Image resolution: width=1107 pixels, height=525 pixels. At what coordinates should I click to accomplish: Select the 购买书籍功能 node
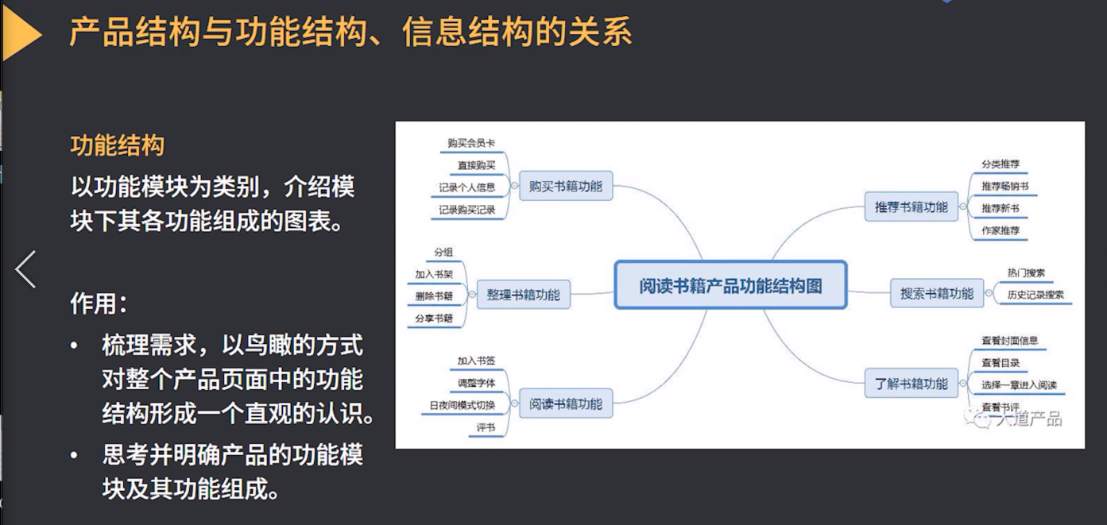[x=565, y=187]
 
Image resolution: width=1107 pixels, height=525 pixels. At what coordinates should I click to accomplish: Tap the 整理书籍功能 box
[x=523, y=295]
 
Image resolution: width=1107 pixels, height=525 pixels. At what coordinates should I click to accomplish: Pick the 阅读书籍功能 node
[x=566, y=403]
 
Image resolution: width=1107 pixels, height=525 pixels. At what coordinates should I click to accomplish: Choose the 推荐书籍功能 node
[x=911, y=207]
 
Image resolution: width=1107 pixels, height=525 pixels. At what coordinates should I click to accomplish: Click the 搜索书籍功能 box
[x=936, y=293]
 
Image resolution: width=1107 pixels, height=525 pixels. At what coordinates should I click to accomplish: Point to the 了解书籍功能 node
[x=911, y=384]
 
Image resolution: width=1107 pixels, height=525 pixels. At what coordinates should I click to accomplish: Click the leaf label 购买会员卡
[x=471, y=144]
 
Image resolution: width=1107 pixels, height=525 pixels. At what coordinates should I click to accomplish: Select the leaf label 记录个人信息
[x=467, y=187]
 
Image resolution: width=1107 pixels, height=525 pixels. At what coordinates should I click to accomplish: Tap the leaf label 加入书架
[x=434, y=274]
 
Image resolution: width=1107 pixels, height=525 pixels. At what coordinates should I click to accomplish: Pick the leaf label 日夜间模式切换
[x=463, y=406]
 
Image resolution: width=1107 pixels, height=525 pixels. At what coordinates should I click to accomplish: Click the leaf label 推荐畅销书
[x=1005, y=186]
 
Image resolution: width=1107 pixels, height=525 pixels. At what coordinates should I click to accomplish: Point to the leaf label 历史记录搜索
[x=1035, y=295]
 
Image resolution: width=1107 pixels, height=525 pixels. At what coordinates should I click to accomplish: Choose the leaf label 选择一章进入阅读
[x=1019, y=385]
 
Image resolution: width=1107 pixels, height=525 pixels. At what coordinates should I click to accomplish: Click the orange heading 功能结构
[x=118, y=145]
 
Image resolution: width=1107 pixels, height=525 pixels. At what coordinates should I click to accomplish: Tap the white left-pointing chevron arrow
[x=25, y=269]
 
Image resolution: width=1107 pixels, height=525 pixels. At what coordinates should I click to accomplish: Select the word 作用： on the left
[x=99, y=303]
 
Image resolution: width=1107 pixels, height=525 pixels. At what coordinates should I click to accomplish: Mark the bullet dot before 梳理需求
[x=75, y=346]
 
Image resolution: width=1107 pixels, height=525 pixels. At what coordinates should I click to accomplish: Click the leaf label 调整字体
[x=476, y=383]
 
